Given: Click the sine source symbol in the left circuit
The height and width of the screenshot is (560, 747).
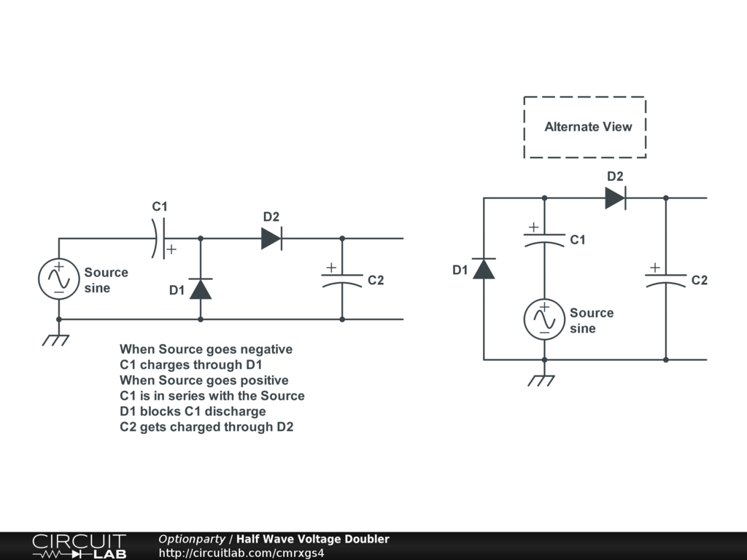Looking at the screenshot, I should (58, 279).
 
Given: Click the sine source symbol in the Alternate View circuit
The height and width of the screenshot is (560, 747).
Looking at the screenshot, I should (544, 319).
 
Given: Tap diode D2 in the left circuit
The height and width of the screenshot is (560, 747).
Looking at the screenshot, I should (271, 238).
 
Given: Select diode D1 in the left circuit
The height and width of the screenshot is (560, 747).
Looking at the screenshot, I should (201, 289).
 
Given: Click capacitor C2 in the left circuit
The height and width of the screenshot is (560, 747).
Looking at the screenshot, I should (342, 280).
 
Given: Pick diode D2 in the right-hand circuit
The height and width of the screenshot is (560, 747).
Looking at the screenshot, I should (615, 198).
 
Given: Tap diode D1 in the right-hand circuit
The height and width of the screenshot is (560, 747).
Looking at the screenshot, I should (484, 269).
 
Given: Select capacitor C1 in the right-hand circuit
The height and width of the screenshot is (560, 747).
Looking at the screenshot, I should (544, 240).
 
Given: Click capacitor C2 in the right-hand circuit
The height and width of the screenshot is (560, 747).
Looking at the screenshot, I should (665, 280).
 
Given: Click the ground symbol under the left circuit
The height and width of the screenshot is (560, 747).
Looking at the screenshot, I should (56, 339).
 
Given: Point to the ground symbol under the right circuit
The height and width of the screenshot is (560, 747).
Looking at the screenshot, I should (542, 380).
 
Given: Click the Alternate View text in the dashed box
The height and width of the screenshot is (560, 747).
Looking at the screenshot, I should (588, 127).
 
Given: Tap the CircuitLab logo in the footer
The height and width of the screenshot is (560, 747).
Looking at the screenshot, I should (79, 546).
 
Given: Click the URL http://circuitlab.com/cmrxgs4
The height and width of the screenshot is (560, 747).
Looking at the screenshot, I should (241, 553).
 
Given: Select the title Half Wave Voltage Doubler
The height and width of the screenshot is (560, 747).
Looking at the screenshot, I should (312, 539).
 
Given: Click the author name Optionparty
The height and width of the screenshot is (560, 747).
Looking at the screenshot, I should (192, 539).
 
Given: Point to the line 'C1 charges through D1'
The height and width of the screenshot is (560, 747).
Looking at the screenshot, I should (190, 365).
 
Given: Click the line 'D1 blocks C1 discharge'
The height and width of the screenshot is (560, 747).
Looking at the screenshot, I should (193, 411).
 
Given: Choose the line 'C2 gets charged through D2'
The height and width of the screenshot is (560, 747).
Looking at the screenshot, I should (206, 427).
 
